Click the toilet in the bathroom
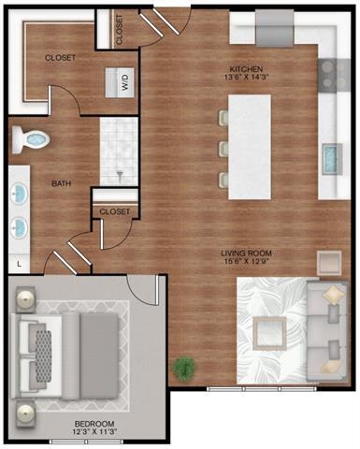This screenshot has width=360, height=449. (31, 140)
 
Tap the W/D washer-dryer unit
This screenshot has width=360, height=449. (123, 81)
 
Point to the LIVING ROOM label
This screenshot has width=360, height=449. (246, 253)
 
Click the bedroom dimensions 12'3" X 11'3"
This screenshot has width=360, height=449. (93, 433)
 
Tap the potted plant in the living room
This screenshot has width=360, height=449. (184, 368)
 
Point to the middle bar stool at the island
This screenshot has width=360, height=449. (223, 148)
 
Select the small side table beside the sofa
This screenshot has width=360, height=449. (329, 261)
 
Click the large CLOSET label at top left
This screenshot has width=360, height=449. (60, 57)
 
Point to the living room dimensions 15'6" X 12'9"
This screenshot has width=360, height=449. (246, 264)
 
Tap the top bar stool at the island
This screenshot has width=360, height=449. (223, 117)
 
